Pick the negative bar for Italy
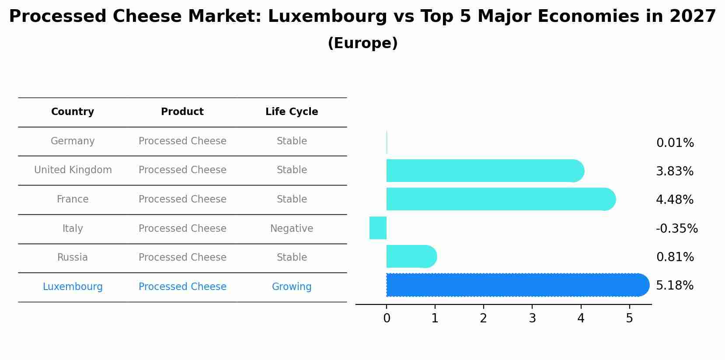pos(378,228)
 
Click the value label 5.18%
pos(674,286)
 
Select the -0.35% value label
pos(676,228)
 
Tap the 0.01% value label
pos(675,143)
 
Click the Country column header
pos(73,112)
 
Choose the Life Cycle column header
pos(292,112)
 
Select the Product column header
pos(182,112)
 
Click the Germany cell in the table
pos(73,141)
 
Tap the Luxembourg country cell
pos(73,287)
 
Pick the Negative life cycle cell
pos(292,228)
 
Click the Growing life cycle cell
pos(292,287)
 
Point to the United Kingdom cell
pos(73,170)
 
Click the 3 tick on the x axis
pos(532,318)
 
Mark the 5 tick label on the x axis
pos(629,318)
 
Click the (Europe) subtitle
pos(362,43)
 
